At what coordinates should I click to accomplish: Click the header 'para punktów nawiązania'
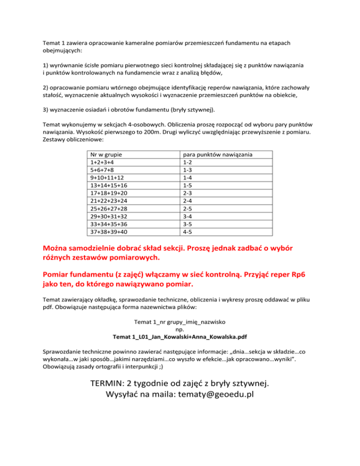click(218, 155)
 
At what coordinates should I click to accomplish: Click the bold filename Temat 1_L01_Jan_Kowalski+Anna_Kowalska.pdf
click(180, 337)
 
